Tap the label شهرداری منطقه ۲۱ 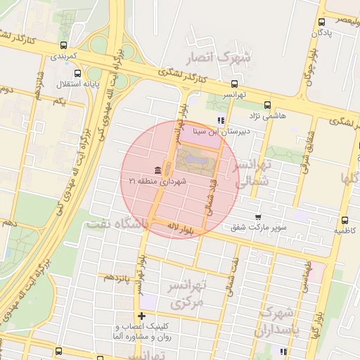[155, 181]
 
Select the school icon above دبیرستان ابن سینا [222, 119]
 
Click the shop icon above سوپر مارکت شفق [259, 217]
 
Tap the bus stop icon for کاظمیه [345, 220]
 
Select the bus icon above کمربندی [64, 44]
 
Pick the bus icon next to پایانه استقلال [77, 72]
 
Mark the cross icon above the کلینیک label [142, 316]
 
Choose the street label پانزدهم [117, 277]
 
